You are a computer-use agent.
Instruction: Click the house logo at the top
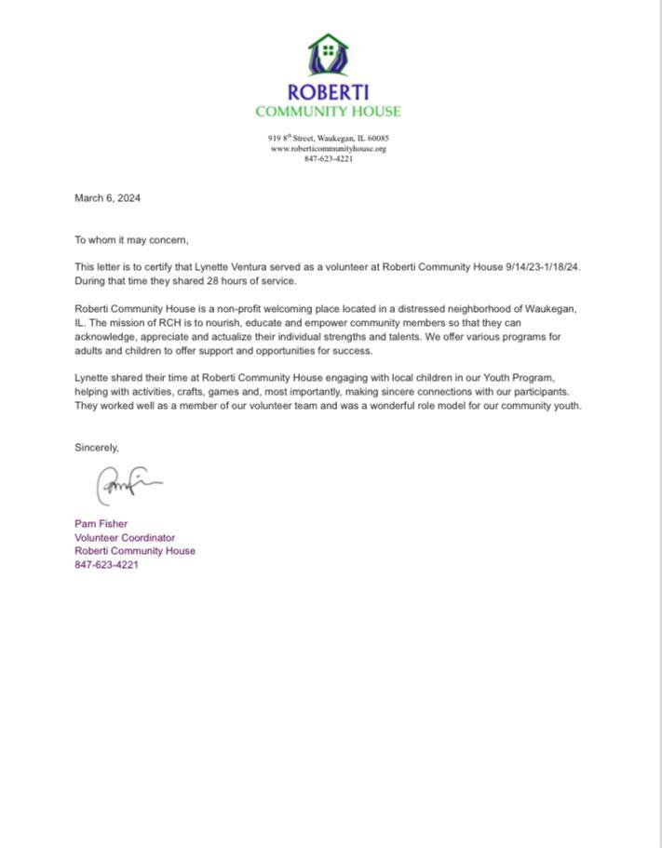328,56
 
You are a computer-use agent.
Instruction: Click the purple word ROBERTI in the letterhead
328,92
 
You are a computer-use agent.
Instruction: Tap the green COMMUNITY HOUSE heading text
328,112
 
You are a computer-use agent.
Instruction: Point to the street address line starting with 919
328,138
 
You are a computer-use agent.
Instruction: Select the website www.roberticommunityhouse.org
328,148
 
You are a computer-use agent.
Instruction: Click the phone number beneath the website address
328,158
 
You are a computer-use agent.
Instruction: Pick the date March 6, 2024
107,198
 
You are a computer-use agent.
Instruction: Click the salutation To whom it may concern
131,239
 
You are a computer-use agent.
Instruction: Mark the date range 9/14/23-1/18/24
543,267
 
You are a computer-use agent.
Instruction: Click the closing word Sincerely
97,448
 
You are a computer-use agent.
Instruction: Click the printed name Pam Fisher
101,523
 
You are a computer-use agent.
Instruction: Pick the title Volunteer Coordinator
125,537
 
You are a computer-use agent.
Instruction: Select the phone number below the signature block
106,564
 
